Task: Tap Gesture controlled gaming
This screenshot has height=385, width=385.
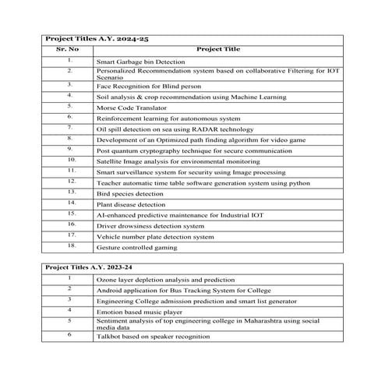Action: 136,247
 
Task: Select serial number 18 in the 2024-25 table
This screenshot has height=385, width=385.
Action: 70,245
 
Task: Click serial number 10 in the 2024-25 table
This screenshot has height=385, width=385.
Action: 70,158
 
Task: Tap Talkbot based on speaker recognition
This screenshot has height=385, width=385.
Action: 153,337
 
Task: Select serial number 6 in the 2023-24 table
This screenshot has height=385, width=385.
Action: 69,334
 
